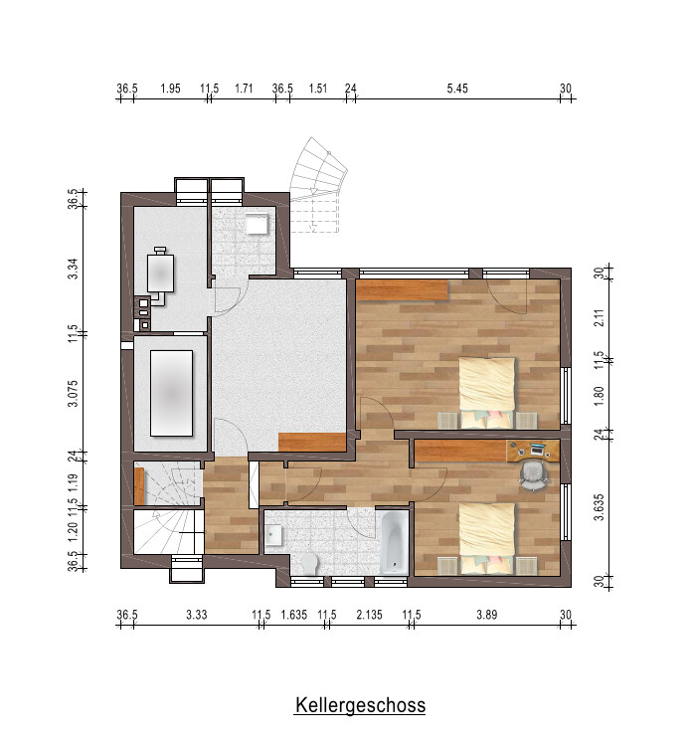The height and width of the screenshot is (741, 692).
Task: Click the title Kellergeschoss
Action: point(360,705)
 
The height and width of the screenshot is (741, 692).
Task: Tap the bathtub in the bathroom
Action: point(394,541)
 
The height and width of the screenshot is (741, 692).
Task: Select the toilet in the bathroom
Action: point(309,563)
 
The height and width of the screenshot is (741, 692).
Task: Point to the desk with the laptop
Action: point(533,451)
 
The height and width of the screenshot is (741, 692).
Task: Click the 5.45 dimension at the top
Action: point(457,89)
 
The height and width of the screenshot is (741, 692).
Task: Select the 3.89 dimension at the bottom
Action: point(486,615)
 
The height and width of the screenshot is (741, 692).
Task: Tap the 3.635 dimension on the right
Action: point(599,507)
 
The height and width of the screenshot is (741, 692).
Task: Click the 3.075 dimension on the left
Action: point(73,393)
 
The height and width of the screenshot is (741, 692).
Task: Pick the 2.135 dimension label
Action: point(370,615)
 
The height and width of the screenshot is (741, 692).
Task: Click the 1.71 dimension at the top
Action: point(244,89)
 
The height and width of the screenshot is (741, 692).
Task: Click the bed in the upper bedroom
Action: point(487,393)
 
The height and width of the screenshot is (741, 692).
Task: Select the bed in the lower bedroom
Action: point(487,539)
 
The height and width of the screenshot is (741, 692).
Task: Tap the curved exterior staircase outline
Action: point(318,165)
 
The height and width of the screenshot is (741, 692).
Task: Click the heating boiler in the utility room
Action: point(160,274)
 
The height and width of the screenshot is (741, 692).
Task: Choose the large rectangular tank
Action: point(171,393)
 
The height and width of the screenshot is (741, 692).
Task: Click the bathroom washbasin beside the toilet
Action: point(273,536)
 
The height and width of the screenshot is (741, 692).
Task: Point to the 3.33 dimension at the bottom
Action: point(197,615)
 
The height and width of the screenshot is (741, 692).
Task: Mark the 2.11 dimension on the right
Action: point(599,317)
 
